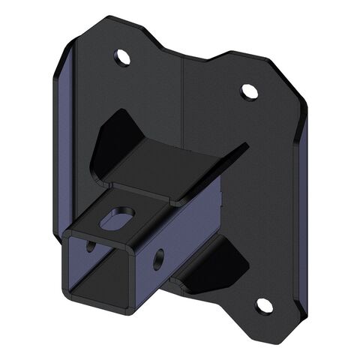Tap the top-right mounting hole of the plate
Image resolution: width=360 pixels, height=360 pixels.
tap(249, 91)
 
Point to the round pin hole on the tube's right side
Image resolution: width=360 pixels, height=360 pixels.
tap(158, 260)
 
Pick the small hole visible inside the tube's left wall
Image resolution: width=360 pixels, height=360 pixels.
tap(91, 245)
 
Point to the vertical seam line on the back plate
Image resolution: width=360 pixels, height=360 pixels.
tap(183, 97)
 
